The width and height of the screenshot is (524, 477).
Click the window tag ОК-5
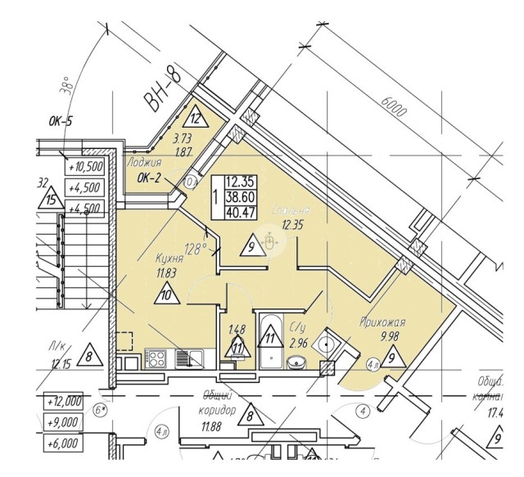[61, 123]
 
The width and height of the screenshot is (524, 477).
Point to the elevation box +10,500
[85, 166]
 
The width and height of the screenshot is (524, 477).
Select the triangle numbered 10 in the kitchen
[168, 292]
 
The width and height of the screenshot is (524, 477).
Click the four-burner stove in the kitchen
[156, 357]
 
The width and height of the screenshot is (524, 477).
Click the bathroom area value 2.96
[299, 343]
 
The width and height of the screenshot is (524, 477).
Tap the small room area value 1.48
[236, 331]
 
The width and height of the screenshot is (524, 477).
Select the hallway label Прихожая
[382, 322]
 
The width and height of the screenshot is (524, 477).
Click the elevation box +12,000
[65, 402]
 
